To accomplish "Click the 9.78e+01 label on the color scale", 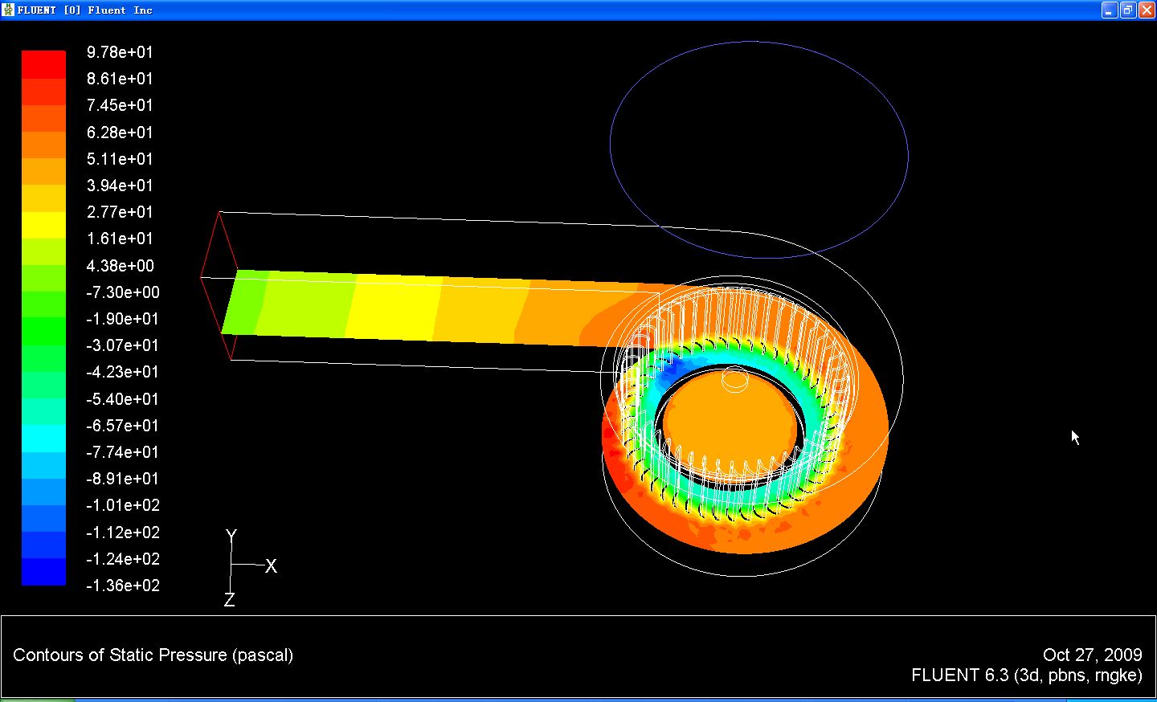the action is pos(120,52).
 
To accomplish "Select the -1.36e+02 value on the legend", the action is pos(123,586).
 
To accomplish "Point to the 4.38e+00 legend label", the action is pos(121,265).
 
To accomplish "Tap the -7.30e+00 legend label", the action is pos(123,292).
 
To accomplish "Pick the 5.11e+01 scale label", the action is pos(120,158).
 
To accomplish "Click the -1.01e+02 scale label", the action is pos(123,505).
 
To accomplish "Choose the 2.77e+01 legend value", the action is pos(120,211).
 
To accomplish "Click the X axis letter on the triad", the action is pos(272,566).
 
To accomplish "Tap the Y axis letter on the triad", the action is pos(231,536).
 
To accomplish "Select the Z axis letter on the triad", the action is pos(230,599).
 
